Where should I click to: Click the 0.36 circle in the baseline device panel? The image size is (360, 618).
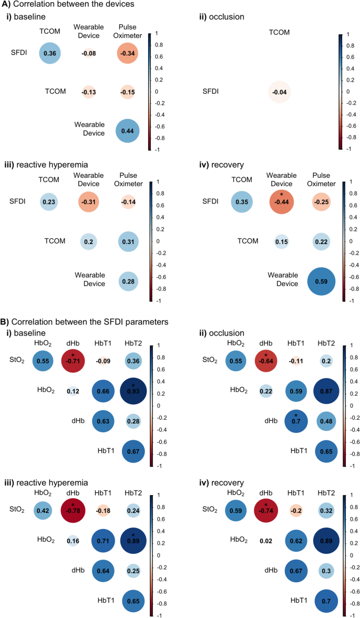(50, 53)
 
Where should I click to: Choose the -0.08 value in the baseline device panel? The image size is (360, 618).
(88, 53)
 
